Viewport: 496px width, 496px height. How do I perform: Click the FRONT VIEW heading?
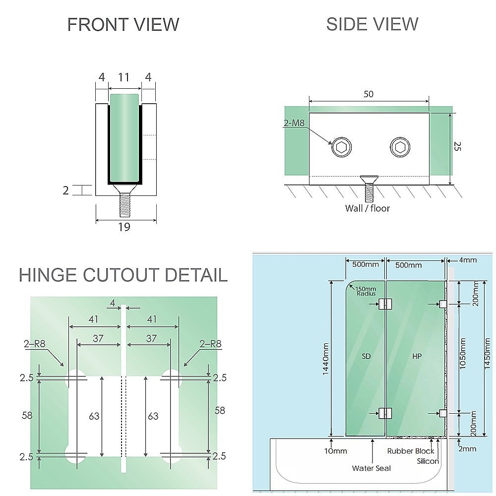click(123, 24)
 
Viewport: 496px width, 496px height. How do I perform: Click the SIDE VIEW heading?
click(372, 24)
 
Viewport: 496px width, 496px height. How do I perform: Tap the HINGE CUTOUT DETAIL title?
click(123, 275)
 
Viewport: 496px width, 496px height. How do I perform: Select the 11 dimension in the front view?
click(124, 77)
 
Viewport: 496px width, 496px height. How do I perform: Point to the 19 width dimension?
click(124, 227)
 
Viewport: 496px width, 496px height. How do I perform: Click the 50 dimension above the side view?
click(369, 94)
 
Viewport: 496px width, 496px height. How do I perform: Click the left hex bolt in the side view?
click(341, 147)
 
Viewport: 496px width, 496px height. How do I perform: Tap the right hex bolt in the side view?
click(400, 147)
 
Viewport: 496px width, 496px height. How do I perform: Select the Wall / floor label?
click(368, 208)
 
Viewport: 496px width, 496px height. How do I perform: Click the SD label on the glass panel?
click(367, 356)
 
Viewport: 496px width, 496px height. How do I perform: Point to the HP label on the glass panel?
click(417, 356)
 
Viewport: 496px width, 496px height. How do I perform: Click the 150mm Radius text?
click(367, 291)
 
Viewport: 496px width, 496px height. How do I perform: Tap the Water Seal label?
click(372, 468)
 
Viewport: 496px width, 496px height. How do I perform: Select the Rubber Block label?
click(410, 451)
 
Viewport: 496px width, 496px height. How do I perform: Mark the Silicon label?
click(428, 461)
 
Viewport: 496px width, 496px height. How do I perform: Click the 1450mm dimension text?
click(488, 357)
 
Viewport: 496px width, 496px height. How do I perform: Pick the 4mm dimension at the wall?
click(467, 260)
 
